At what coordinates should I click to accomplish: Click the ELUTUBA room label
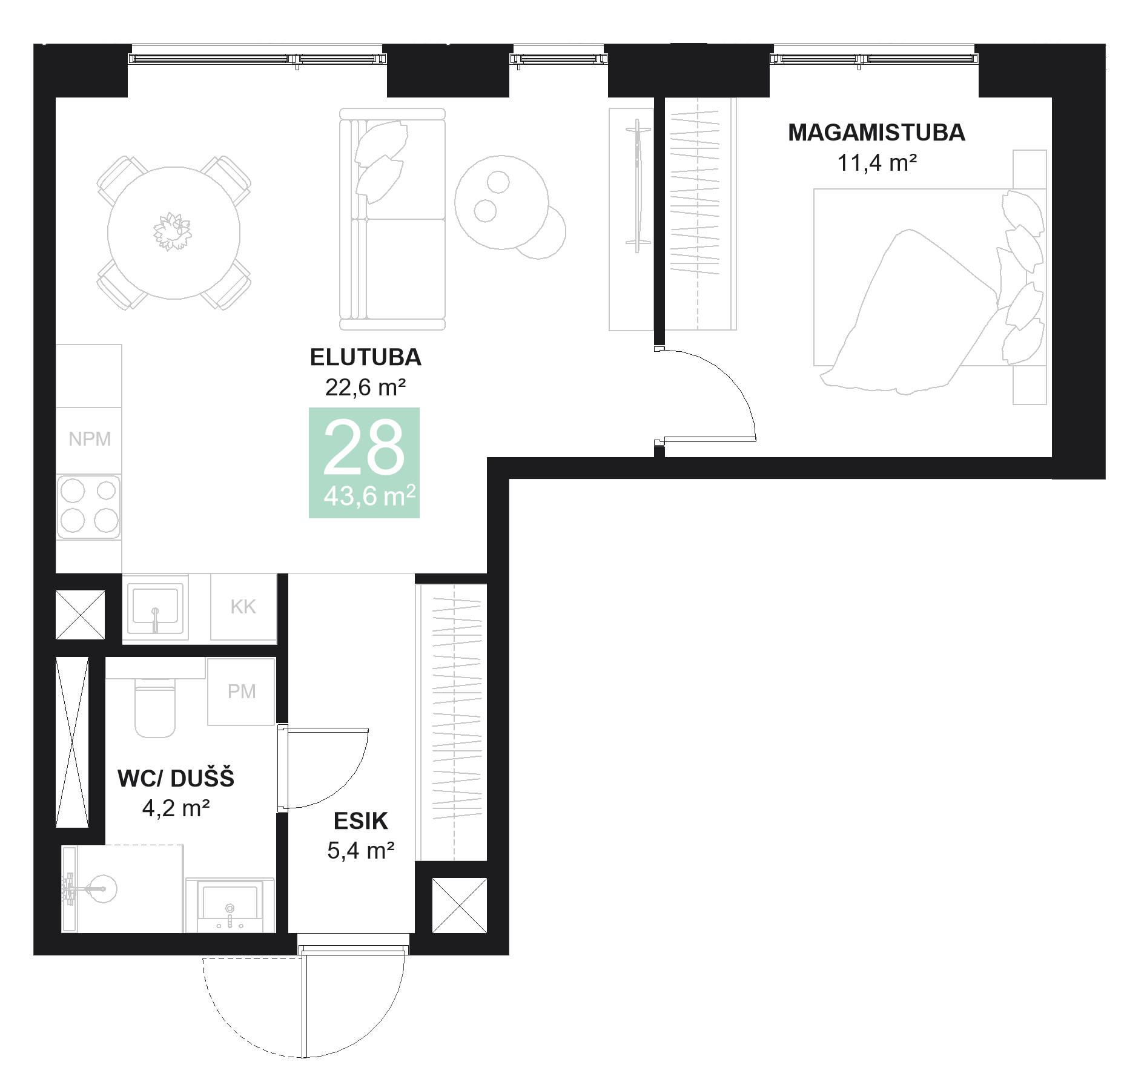[x=365, y=357]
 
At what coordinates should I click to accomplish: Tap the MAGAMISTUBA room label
[x=876, y=133]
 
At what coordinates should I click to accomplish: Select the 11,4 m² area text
[x=876, y=163]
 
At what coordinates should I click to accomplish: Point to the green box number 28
[x=364, y=449]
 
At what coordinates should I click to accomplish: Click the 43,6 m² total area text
[x=369, y=496]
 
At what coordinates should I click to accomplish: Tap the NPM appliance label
[x=90, y=439]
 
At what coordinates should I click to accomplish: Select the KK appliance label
[x=243, y=607]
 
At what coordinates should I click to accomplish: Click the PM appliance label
[x=242, y=691]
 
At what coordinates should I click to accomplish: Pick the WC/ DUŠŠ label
[x=176, y=779]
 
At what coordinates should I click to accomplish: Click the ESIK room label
[x=360, y=821]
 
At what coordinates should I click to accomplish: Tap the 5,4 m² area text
[x=360, y=851]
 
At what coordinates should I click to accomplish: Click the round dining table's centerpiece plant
[x=172, y=231]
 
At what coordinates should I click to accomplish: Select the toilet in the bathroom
[x=155, y=708]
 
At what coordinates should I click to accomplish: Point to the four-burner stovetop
[x=89, y=506]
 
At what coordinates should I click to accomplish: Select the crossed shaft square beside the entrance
[x=459, y=905]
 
